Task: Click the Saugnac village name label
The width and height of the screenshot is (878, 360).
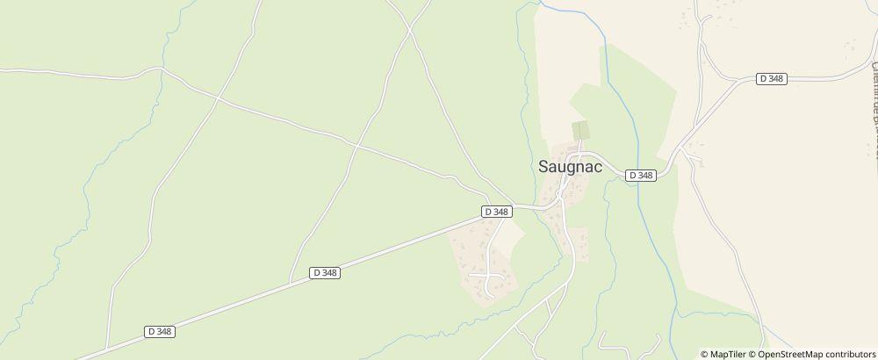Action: pos(569,168)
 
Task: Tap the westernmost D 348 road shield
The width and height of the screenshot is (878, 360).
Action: pos(159,331)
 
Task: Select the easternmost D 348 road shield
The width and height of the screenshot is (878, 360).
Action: pos(771,79)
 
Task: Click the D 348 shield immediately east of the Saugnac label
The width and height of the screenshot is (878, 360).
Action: pos(642,176)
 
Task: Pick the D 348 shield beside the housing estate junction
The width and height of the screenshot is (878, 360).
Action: pos(497,212)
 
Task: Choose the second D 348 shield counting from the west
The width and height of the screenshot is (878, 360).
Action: pos(325,273)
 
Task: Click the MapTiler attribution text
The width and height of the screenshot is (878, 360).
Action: pos(728,354)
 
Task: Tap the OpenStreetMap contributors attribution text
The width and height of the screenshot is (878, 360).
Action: pos(816,354)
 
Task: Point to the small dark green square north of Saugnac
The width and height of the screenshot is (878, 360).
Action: pos(580,130)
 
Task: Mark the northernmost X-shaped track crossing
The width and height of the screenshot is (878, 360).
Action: pos(409,30)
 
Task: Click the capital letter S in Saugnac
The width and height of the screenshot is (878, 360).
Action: pos(543,168)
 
